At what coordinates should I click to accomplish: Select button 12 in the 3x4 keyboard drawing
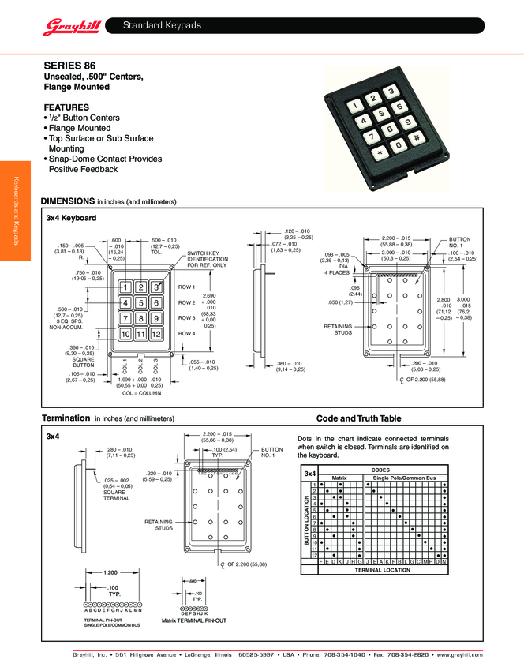coord(156,334)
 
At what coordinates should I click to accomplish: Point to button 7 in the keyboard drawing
coord(125,318)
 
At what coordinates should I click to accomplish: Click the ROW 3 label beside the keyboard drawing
coord(186,317)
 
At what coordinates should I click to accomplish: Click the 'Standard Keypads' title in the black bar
coord(162,27)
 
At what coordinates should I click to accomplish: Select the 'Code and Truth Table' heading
coord(358,418)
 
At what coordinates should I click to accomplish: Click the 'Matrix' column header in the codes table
coord(339,478)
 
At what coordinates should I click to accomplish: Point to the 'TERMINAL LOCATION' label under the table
coord(383,569)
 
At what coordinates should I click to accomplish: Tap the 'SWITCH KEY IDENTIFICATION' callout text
coord(207,258)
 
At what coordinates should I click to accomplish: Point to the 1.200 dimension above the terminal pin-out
coord(110,572)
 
